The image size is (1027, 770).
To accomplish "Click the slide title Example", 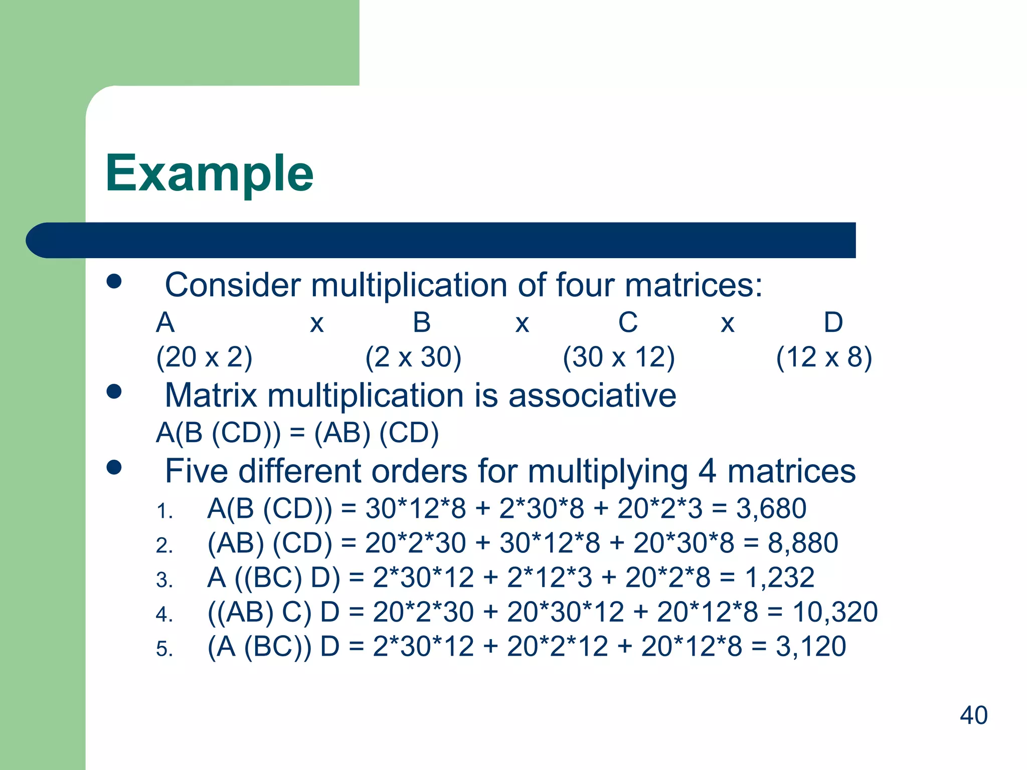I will coord(209,173).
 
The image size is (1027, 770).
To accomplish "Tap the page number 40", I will coord(973,715).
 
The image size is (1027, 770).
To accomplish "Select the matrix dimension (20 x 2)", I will coord(204,357).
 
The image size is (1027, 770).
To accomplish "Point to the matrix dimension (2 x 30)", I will coord(413,357).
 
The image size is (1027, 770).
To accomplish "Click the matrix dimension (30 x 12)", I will coord(619,357).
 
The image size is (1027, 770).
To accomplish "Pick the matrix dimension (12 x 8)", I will coord(824,357).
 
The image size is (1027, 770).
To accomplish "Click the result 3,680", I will coord(771,508).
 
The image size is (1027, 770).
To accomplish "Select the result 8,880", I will coord(803,543).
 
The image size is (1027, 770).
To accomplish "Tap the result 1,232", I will coord(779,577).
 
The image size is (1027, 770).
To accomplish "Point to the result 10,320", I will coord(835,612).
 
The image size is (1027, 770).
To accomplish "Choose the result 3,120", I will coord(811,646).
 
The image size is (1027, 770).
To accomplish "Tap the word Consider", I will coord(233,285).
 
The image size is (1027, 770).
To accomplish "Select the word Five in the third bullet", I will coord(197,471).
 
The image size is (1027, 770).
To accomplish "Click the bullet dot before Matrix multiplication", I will coord(114,392).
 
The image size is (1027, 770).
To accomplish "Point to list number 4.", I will coord(164,614).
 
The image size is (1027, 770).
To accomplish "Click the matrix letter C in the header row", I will coord(628,322).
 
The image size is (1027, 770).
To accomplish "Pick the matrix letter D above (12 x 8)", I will coord(833,322).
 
